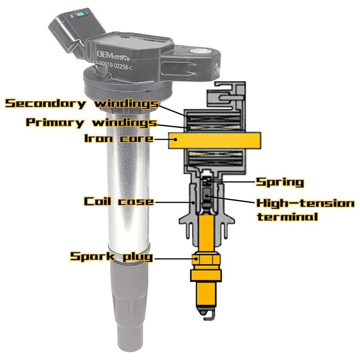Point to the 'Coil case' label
tap(119, 201)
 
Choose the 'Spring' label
tap(279, 182)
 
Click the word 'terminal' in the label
tap(287, 217)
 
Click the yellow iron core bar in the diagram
tap(215, 140)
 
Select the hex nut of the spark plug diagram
tap(206, 258)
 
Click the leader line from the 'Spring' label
tap(234, 182)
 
